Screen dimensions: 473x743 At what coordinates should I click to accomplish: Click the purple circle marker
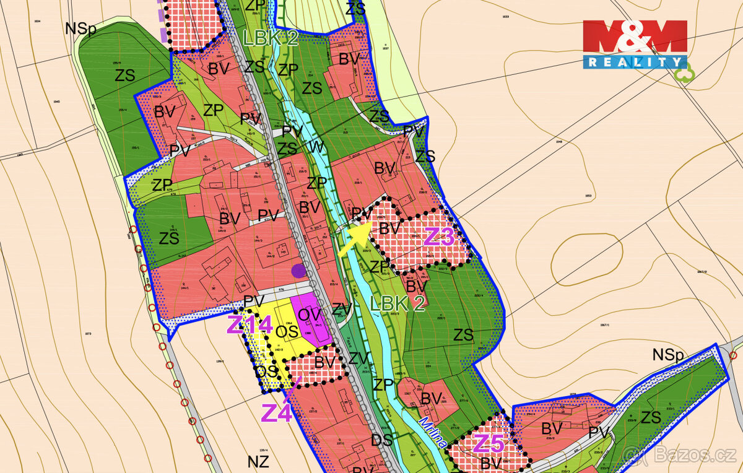pyautogui.click(x=299, y=270)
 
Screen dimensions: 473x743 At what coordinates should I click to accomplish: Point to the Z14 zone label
pyautogui.click(x=249, y=324)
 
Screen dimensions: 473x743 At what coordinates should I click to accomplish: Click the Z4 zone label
pyautogui.click(x=277, y=413)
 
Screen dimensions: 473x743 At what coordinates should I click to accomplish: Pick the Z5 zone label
pyautogui.click(x=490, y=443)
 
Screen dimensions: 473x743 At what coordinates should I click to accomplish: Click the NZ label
pyautogui.click(x=258, y=461)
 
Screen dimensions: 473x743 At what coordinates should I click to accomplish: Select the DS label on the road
pyautogui.click(x=383, y=441)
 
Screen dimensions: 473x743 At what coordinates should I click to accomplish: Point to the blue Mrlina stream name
pyautogui.click(x=433, y=433)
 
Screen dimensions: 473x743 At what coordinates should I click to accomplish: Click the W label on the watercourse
pyautogui.click(x=316, y=147)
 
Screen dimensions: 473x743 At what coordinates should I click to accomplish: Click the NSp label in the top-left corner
pyautogui.click(x=80, y=29)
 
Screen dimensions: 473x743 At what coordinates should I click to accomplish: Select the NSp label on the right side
pyautogui.click(x=667, y=355)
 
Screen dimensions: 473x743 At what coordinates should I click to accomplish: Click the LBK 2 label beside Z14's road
pyautogui.click(x=398, y=303)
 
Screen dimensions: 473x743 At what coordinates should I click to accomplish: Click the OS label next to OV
pyautogui.click(x=287, y=332)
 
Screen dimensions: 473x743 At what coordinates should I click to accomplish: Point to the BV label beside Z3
pyautogui.click(x=389, y=228)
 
